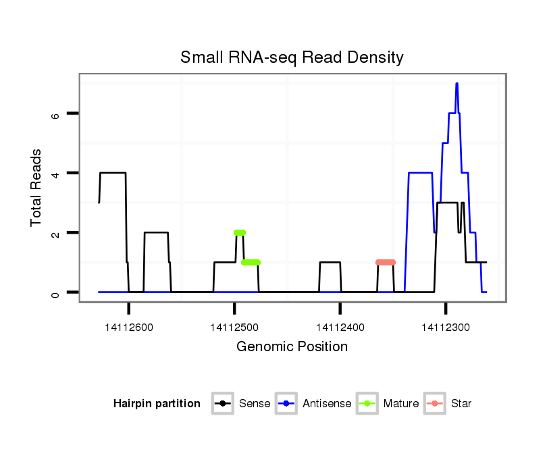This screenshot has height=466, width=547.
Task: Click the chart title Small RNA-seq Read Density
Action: [x=292, y=57]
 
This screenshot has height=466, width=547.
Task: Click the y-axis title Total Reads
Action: [x=38, y=188]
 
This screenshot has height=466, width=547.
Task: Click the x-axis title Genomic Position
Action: [x=292, y=347]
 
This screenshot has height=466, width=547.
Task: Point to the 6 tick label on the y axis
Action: [x=56, y=114]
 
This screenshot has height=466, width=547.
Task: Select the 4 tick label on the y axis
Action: [x=56, y=174]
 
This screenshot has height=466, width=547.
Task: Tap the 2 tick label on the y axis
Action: [x=56, y=233]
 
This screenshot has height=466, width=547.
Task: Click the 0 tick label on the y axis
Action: [x=56, y=292]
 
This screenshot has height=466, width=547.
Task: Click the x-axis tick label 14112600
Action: [x=128, y=328]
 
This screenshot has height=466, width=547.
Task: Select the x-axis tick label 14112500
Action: [x=234, y=328]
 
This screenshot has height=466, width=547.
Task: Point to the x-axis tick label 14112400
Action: [x=340, y=328]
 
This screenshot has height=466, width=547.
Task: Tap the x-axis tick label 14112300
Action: [x=446, y=328]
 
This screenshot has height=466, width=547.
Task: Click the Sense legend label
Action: [x=255, y=404]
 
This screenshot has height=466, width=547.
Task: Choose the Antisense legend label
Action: [x=327, y=404]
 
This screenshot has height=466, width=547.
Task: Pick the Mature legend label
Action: [x=400, y=404]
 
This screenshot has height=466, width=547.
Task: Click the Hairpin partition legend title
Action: [x=157, y=404]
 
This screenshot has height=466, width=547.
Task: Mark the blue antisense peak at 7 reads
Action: [x=457, y=84]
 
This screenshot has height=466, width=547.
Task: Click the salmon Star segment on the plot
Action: [x=386, y=262]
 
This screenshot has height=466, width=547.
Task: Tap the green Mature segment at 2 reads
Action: [x=240, y=232]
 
